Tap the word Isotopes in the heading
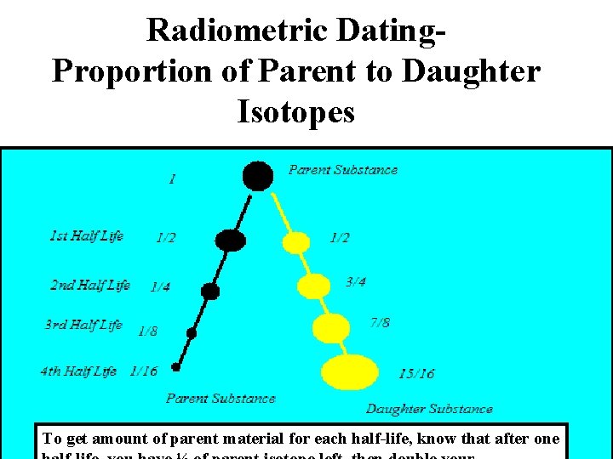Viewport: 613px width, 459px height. coord(296,111)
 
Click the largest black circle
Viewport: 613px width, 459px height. coord(258,176)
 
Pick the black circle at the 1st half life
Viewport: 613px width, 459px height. coord(230,241)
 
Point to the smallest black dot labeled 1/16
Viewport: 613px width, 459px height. coord(175,367)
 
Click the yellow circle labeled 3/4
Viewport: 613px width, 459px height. coord(313,286)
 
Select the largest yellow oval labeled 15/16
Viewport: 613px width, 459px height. coord(350,371)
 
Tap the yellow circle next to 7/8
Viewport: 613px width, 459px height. coord(331,326)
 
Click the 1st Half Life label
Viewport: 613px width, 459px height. coord(87,235)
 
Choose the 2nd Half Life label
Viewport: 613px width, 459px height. coord(90,285)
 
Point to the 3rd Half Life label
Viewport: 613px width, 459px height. coord(84,325)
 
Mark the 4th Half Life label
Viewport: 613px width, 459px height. coord(78,371)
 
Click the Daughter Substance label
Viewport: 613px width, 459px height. coord(429,409)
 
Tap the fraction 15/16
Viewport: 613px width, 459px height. coord(416,374)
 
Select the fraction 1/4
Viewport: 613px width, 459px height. coord(159,287)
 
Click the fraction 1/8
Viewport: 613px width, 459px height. coord(147,331)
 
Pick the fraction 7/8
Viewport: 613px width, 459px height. coord(381,323)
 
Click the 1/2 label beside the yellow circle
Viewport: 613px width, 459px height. coord(339,238)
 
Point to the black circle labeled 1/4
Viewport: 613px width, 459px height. coord(210,292)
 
